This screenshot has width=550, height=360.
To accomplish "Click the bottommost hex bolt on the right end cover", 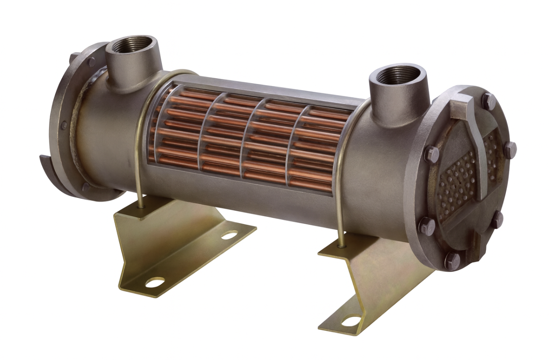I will (x=452, y=261).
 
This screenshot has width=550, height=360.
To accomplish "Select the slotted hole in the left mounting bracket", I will (x=229, y=235).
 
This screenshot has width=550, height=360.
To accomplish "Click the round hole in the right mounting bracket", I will (x=351, y=321).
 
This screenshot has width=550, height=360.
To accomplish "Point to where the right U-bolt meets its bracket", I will (x=341, y=244).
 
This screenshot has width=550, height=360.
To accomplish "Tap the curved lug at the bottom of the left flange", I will (x=51, y=170).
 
